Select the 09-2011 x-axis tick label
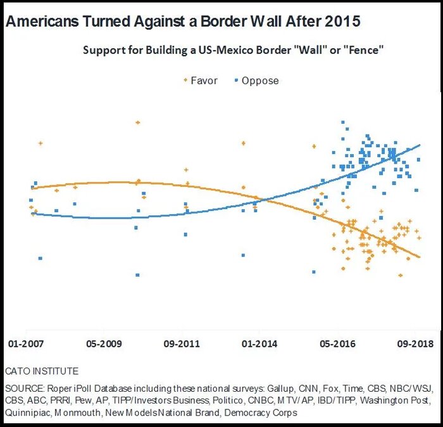pyautogui.click(x=182, y=344)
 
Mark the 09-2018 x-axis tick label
pyautogui.click(x=415, y=344)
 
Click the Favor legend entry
pyautogui.click(x=204, y=81)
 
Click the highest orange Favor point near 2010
pyautogui.click(x=137, y=123)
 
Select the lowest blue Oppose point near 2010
pyautogui.click(x=137, y=275)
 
